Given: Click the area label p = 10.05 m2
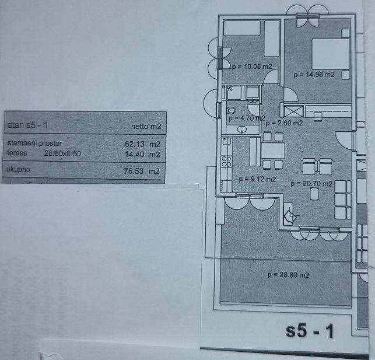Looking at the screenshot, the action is point(251,67).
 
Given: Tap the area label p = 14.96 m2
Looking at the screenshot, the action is point(313,75).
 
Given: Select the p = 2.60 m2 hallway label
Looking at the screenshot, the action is point(283,123).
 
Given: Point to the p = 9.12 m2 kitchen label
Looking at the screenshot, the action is point(257,179).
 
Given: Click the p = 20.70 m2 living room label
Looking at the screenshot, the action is point(311,183).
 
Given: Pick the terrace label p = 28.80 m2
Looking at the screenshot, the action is point(288,275).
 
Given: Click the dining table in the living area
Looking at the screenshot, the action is point(272,151).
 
